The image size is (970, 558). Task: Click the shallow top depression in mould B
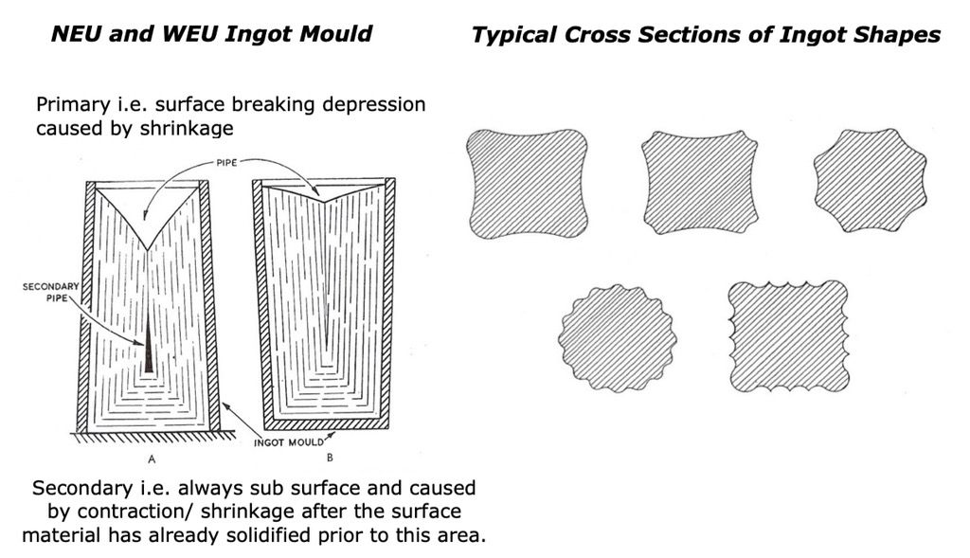pyautogui.click(x=323, y=194)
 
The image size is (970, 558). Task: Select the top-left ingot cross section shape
pyautogui.click(x=527, y=183)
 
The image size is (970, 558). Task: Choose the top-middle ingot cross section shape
pyautogui.click(x=701, y=183)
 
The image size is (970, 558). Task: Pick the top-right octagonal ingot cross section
pyautogui.click(x=867, y=179)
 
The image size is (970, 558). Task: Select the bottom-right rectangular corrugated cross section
pyautogui.click(x=789, y=335)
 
